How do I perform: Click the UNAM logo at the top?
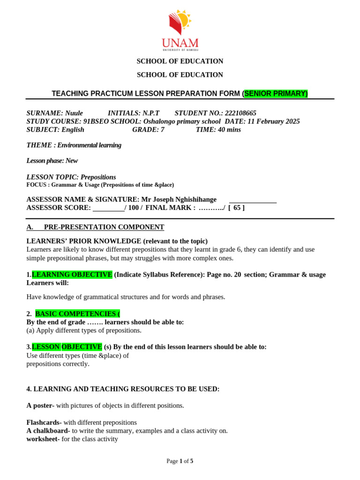180,30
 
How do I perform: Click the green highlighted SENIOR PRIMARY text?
276,94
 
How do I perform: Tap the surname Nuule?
74,113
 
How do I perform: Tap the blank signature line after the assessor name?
253,201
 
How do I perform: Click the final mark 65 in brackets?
236,208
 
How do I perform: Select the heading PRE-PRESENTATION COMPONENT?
104,227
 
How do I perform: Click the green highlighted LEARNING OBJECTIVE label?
72,275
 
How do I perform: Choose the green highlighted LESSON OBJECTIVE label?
67,347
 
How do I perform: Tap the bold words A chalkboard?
48,431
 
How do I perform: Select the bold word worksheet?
43,439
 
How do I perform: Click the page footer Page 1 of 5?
180,461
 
